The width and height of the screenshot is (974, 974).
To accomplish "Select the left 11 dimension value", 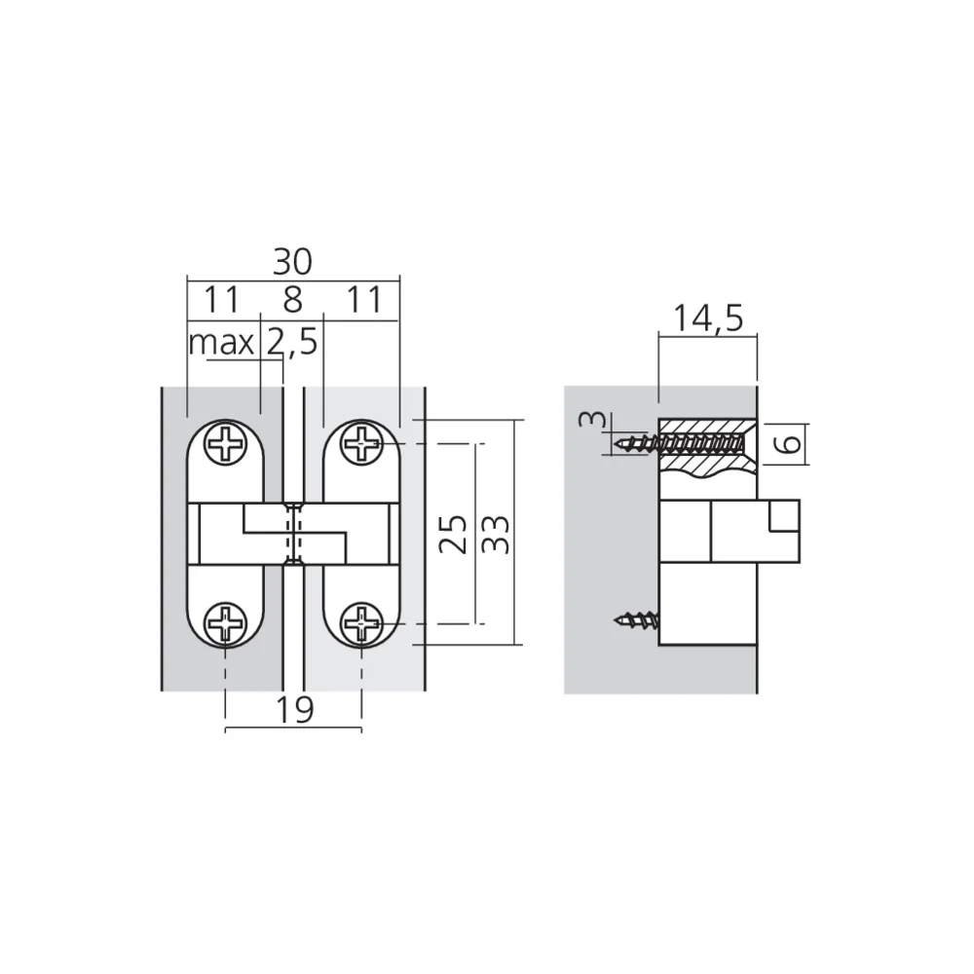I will (x=221, y=300).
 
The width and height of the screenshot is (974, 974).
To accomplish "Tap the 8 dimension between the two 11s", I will (x=293, y=300).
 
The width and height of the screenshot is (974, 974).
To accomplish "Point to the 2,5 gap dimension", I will (x=290, y=343).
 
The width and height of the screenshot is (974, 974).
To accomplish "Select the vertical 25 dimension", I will (x=451, y=534).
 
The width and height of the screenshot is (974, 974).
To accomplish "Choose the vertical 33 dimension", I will (x=496, y=534).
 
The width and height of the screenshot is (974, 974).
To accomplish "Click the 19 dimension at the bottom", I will (x=292, y=710).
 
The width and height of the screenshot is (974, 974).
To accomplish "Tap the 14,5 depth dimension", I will (x=708, y=318).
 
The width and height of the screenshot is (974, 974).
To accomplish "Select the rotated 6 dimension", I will (x=791, y=443).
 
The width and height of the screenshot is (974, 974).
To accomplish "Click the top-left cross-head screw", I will (x=226, y=445).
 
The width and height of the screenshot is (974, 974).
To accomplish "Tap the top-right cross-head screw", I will (x=362, y=445).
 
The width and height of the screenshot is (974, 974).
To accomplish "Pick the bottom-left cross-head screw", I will (x=226, y=621).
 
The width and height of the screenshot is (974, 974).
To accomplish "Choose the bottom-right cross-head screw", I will (x=362, y=621).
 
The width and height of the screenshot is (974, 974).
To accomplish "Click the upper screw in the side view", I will (x=682, y=445).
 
